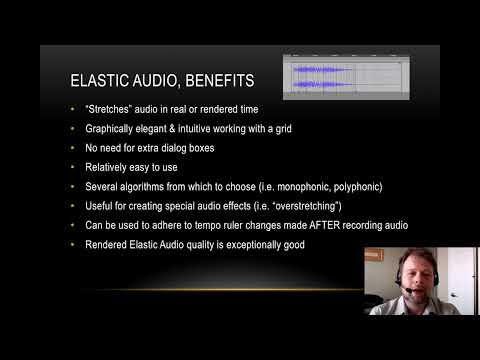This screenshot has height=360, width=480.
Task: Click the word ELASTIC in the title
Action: coord(95,80)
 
